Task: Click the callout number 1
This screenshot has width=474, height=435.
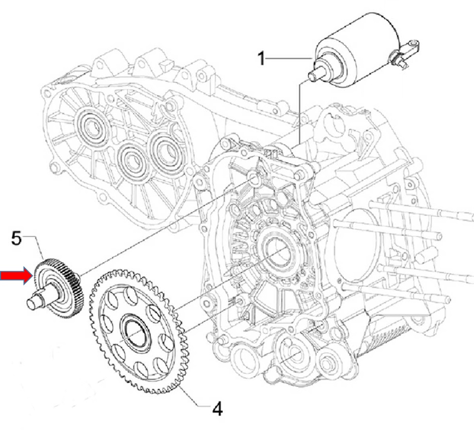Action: coord(261,59)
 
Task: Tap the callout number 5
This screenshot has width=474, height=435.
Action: coord(16,239)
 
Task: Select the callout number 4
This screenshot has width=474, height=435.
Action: coord(218,409)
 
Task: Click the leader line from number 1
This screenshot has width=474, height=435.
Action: coord(288,58)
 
